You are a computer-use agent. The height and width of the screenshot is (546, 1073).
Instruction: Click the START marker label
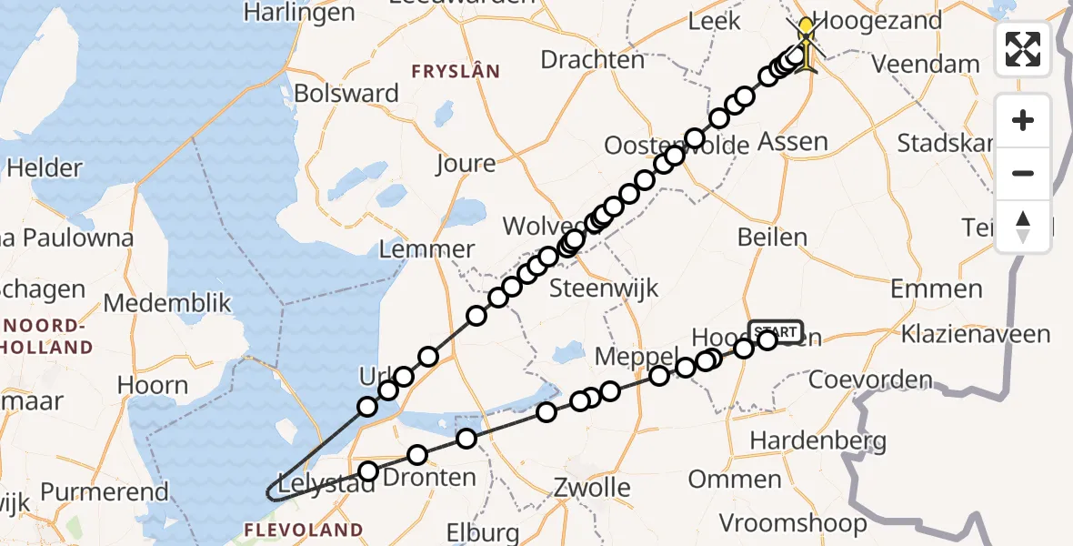pyautogui.click(x=775, y=331)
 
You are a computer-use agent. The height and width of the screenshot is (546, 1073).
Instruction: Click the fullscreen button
pyautogui.click(x=1023, y=49)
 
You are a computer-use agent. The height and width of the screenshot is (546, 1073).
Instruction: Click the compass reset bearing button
pyautogui.click(x=1023, y=227)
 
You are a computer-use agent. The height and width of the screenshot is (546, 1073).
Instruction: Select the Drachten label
pyautogui.click(x=592, y=60)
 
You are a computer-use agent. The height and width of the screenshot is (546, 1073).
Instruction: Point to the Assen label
pyautogui.click(x=793, y=142)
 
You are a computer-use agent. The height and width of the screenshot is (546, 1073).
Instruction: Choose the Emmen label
pyautogui.click(x=936, y=289)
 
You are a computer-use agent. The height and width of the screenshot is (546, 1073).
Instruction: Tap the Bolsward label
pyautogui.click(x=346, y=94)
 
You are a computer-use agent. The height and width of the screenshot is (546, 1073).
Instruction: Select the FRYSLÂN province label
pyautogui.click(x=456, y=71)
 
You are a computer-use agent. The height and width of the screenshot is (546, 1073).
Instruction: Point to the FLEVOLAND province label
pyautogui.click(x=305, y=530)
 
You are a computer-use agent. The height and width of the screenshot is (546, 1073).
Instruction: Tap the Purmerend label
pyautogui.click(x=105, y=493)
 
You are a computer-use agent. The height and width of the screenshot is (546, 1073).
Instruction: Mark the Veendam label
pyautogui.click(x=926, y=65)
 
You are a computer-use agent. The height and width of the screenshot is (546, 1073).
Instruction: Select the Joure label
pyautogui.click(x=466, y=164)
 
